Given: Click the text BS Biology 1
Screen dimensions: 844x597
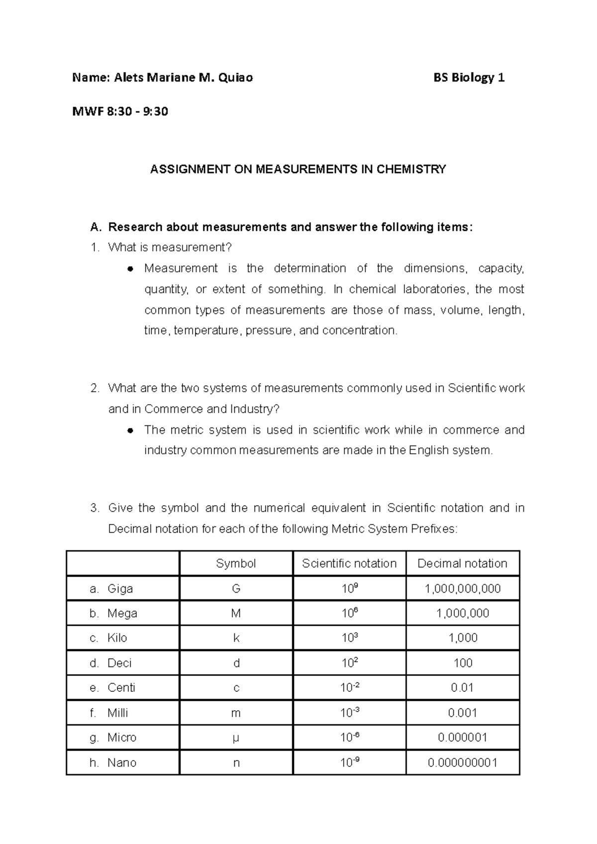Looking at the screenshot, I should [469, 78].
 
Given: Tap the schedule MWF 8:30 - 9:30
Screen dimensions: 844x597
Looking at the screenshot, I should [120, 111].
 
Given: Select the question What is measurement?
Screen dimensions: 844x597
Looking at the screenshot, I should [170, 248].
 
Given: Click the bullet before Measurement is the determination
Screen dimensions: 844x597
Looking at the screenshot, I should [130, 269].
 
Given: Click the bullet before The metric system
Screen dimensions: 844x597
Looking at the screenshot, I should [130, 430].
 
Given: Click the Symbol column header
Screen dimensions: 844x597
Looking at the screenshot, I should [236, 564].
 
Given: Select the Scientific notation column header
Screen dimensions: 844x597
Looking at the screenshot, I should [349, 564].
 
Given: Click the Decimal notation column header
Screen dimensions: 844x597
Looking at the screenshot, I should [462, 564].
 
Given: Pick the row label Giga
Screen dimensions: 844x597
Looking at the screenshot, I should [120, 589].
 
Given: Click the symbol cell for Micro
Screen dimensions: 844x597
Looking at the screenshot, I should [236, 738].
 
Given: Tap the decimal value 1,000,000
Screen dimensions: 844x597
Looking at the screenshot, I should [463, 614].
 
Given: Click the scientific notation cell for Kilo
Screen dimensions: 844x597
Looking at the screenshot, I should [349, 638].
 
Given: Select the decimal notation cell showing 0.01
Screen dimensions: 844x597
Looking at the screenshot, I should [463, 688].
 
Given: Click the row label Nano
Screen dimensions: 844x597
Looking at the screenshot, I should [121, 763].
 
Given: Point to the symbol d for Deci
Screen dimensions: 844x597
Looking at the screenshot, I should [236, 664].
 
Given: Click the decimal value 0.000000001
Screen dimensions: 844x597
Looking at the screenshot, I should [463, 763].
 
